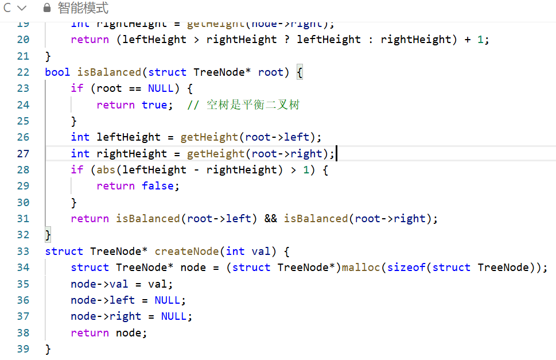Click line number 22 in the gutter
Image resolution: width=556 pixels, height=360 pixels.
pyautogui.click(x=23, y=72)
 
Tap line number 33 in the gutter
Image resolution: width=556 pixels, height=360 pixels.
pyautogui.click(x=23, y=251)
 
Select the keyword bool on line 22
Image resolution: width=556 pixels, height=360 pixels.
pyautogui.click(x=57, y=72)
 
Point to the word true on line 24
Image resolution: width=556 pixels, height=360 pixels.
pyautogui.click(x=154, y=105)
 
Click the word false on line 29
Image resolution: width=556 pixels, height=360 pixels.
pyautogui.click(x=161, y=186)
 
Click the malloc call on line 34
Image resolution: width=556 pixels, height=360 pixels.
pyautogui.click(x=361, y=268)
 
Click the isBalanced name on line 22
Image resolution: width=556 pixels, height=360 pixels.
pyautogui.click(x=109, y=72)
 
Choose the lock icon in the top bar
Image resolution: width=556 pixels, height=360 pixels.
pyautogui.click(x=48, y=9)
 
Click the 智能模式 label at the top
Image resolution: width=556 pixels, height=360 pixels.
pyautogui.click(x=83, y=9)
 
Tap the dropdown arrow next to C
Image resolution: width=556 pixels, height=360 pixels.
pyautogui.click(x=22, y=9)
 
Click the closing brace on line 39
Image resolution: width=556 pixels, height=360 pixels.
pyautogui.click(x=48, y=349)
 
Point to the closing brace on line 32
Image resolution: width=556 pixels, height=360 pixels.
pyautogui.click(x=48, y=235)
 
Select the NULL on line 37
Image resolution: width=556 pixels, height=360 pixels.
pyautogui.click(x=173, y=316)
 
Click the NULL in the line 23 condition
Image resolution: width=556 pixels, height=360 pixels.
pyautogui.click(x=161, y=88)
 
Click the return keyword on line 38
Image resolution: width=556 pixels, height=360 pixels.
pyautogui.click(x=90, y=333)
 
